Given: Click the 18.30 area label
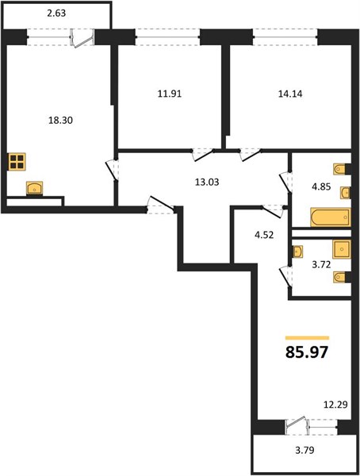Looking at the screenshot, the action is click(60, 121).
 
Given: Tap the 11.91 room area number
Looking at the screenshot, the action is click(170, 94).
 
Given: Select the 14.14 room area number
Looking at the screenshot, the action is click(290, 94).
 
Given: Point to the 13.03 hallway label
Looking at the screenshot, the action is click(207, 182).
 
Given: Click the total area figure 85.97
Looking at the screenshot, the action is click(307, 352).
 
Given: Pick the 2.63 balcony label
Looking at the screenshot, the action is click(56, 13).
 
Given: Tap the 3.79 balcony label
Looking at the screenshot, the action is click(304, 450).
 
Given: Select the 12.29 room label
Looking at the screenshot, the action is click(335, 405).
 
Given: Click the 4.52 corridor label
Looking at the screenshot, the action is click(264, 235).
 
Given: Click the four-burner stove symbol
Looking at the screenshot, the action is click(17, 162).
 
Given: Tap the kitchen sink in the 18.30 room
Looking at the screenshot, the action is click(34, 188).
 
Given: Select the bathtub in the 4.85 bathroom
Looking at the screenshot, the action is click(330, 217).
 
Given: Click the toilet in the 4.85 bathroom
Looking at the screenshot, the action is click(341, 169).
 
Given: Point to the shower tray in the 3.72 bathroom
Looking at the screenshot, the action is click(342, 249).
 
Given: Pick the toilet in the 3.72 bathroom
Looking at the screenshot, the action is click(341, 277).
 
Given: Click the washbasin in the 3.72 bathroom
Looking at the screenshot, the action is click(297, 251).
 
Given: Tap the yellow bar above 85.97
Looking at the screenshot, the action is click(307, 338).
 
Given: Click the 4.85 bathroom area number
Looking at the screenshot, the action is click(321, 186).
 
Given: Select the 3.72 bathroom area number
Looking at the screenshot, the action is click(321, 265).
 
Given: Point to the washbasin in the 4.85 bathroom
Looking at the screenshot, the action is click(345, 193).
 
